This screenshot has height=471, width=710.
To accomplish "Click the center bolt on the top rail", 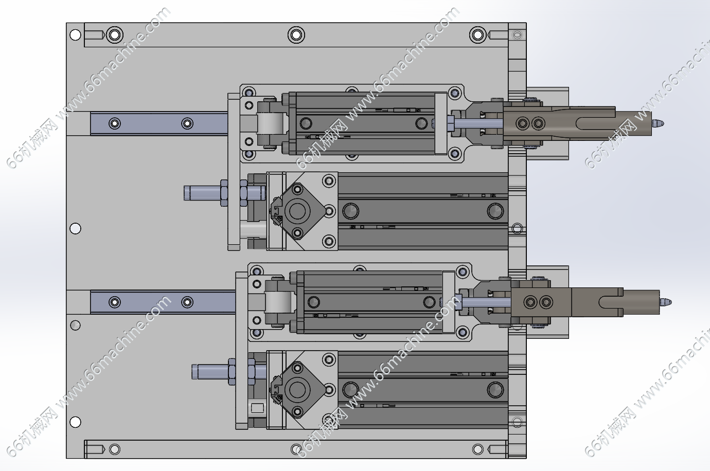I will click(x=296, y=35).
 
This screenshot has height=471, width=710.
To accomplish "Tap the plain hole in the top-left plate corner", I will click(x=76, y=35).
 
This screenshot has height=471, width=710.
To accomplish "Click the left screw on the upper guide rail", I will click(x=114, y=123).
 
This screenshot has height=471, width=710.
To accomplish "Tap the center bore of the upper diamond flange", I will click(x=297, y=211).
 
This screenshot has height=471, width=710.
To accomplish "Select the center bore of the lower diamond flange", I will click(x=297, y=389).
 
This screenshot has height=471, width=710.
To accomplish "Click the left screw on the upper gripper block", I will click(x=524, y=123).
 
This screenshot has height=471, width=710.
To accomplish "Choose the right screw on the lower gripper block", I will click(x=546, y=302).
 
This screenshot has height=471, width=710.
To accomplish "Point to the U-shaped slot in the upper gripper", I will click(x=592, y=123).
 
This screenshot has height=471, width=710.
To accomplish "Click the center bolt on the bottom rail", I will click(x=296, y=449).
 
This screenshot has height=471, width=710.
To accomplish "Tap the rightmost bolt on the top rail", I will click(x=477, y=35).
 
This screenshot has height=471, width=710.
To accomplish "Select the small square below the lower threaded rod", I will click(x=257, y=409).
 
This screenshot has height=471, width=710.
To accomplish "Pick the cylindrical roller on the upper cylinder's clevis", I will click(x=271, y=123).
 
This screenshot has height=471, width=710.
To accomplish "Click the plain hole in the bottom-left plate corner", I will click(x=76, y=422).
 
